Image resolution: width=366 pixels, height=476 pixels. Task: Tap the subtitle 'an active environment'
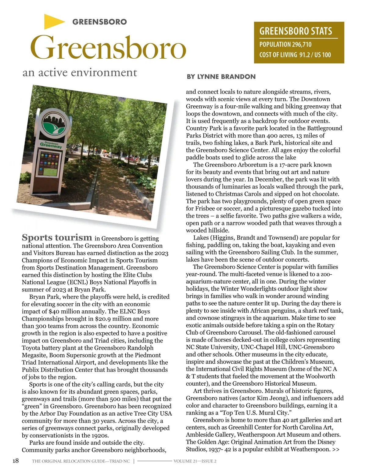[80, 73]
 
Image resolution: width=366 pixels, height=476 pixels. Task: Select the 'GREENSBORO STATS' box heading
[296, 31]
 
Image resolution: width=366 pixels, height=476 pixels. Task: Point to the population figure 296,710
[301, 45]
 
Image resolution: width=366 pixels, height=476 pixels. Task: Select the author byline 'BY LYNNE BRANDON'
[221, 77]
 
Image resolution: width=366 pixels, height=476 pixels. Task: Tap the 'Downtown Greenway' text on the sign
[51, 145]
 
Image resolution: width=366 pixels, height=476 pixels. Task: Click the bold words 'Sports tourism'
[57, 237]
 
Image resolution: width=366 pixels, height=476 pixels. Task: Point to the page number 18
[15, 461]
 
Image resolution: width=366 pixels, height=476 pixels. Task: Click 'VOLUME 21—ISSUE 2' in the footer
[195, 461]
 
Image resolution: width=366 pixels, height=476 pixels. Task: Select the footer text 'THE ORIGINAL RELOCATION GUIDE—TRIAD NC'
[81, 461]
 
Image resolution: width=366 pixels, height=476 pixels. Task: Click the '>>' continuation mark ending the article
[336, 449]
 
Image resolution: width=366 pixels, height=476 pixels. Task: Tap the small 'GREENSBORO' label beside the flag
[99, 22]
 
